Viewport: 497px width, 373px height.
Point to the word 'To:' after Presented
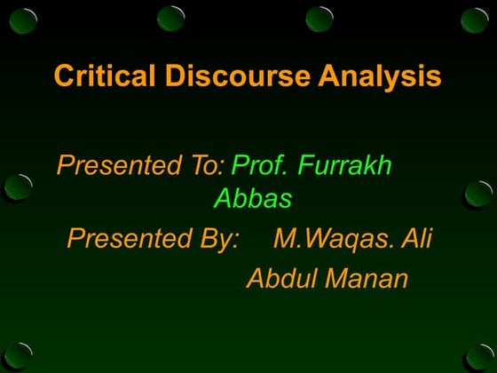coord(201,166)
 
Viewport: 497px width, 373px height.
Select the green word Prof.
coord(259,166)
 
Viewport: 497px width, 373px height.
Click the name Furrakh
coord(345,166)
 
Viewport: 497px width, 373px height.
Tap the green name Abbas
coord(253,200)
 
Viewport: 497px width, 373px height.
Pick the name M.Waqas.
coord(333,240)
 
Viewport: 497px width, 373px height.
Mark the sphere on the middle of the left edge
coord(17,186)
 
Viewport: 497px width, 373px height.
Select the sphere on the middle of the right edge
coord(478,193)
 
